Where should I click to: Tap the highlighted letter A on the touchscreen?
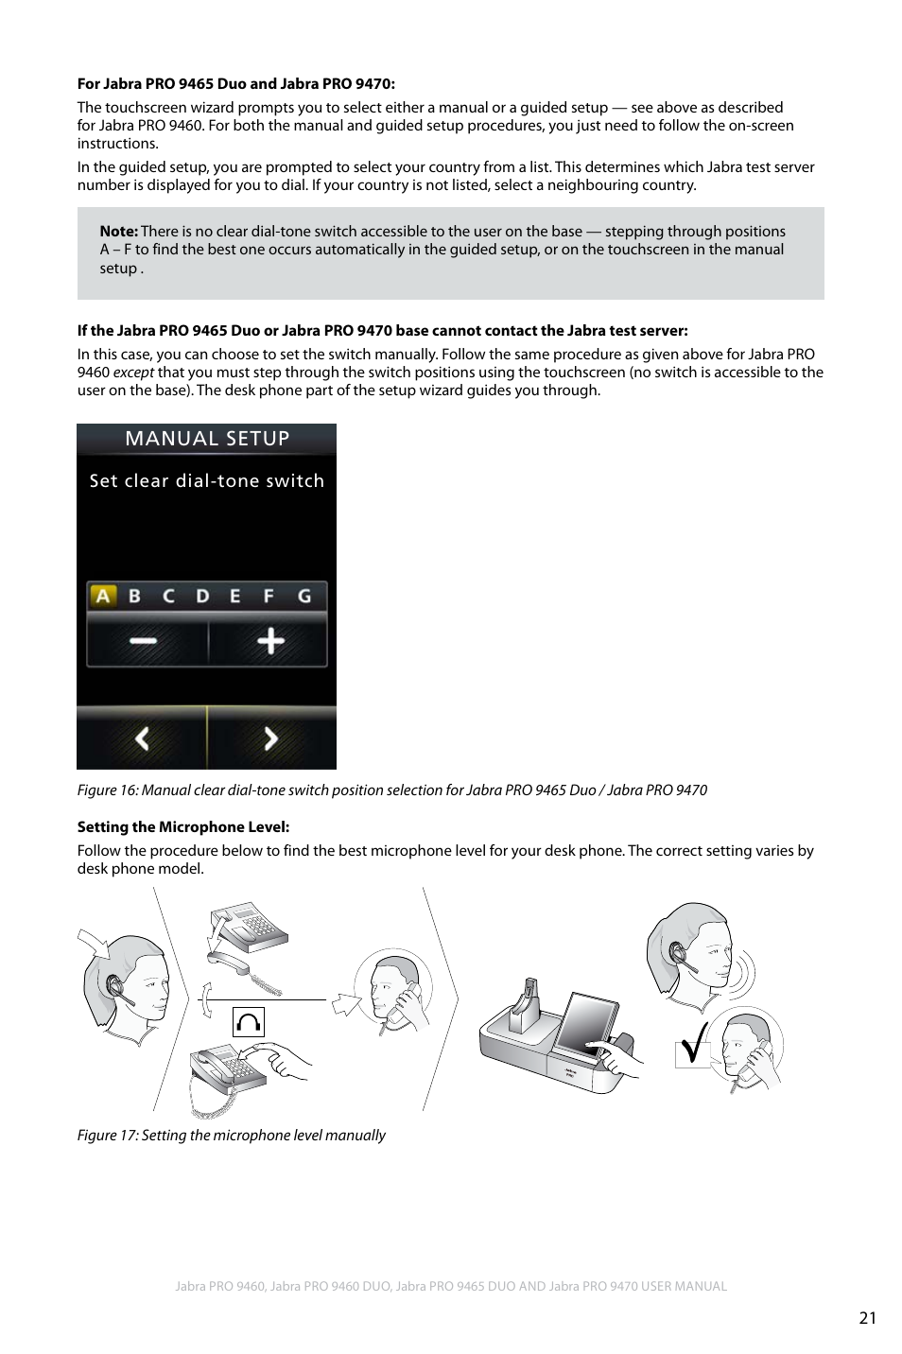coord(103,596)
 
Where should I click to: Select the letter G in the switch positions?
coord(304,596)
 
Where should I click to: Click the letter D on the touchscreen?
coord(202,596)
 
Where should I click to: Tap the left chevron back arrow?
coord(142,738)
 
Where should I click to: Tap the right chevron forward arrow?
coord(270,738)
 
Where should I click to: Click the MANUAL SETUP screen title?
coord(207,439)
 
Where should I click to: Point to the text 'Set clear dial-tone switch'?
coord(207,481)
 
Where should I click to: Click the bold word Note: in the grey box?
coord(119,232)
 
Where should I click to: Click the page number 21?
coord(868,1319)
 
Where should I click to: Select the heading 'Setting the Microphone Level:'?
coord(183,827)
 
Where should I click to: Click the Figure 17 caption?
coord(231,1136)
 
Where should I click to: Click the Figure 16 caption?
coord(391,790)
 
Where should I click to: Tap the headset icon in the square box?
coord(248,1022)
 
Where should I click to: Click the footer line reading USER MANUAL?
coord(451,1286)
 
